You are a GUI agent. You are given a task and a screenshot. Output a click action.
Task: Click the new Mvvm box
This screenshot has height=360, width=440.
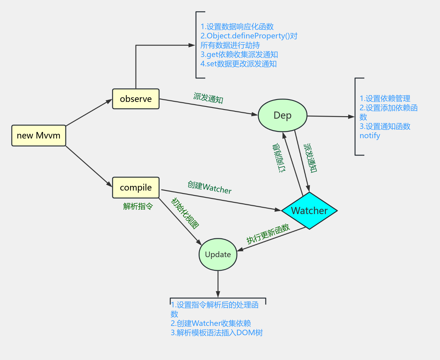click(39, 136)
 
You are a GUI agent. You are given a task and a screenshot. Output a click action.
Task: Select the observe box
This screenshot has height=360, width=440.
click(136, 99)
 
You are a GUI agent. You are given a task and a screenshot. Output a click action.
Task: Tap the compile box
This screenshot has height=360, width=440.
click(136, 187)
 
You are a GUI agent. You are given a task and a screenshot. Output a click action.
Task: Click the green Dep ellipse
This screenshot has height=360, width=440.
click(282, 115)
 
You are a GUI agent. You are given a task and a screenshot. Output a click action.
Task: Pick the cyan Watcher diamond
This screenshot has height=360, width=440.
click(309, 211)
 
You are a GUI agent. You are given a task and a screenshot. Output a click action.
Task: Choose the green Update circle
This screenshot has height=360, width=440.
click(218, 255)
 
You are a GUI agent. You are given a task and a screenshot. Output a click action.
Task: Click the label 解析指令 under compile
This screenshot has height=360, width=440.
click(138, 206)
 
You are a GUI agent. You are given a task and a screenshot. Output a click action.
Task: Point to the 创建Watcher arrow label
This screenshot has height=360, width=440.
click(210, 187)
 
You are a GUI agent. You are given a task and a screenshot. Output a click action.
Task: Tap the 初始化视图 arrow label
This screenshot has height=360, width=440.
click(185, 213)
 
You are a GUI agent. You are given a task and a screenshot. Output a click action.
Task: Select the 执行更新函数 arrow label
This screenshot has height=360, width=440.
click(268, 234)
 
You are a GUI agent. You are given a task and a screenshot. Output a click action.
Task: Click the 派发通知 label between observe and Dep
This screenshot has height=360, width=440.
click(208, 98)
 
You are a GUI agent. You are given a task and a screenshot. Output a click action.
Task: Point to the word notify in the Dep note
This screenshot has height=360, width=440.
click(370, 136)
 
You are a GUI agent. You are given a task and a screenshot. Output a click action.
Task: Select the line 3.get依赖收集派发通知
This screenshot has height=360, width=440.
click(239, 55)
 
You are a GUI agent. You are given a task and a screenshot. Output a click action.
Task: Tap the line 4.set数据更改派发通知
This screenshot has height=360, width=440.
click(238, 64)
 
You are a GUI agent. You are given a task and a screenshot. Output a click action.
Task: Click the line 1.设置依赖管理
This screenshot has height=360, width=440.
click(385, 99)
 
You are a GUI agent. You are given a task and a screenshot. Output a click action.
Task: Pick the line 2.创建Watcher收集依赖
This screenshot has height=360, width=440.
click(211, 323)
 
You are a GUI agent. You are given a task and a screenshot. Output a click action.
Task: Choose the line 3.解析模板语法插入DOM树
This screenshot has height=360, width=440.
click(217, 333)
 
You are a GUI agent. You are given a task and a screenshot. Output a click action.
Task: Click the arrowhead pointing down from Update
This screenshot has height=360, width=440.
click(218, 294)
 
